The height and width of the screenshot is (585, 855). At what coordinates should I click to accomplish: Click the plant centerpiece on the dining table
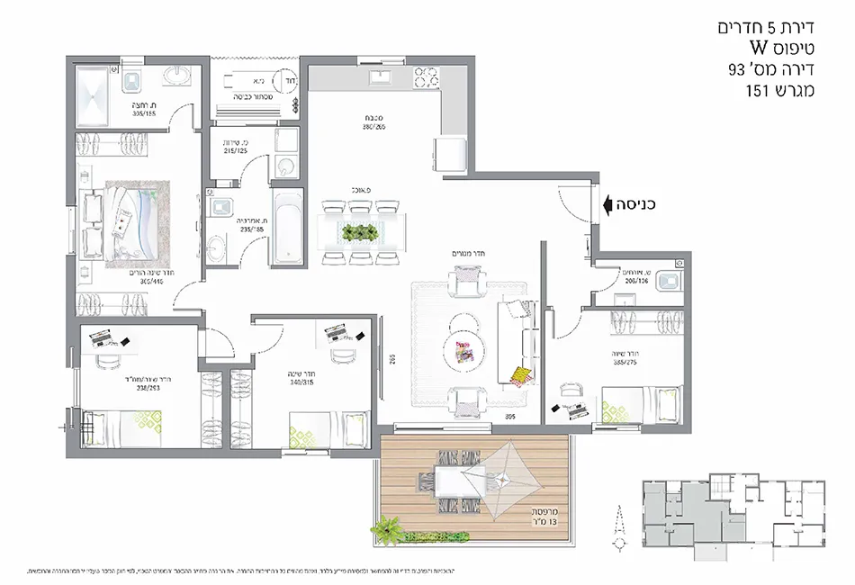358,232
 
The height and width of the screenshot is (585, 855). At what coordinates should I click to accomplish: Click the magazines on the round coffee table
463,352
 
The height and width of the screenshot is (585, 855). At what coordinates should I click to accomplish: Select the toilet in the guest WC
667,283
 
